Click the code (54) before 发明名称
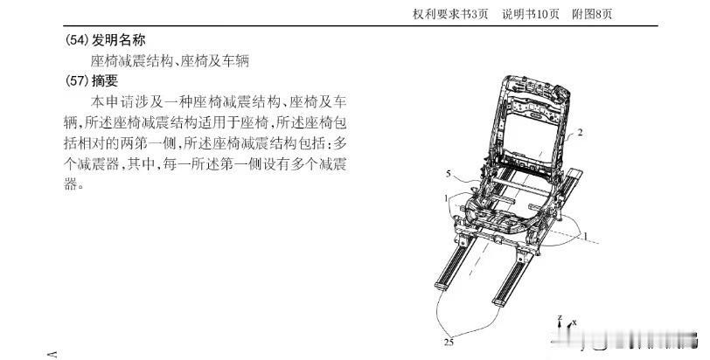coord(76,41)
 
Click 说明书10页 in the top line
coord(531,14)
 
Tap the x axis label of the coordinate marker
coord(574,322)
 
